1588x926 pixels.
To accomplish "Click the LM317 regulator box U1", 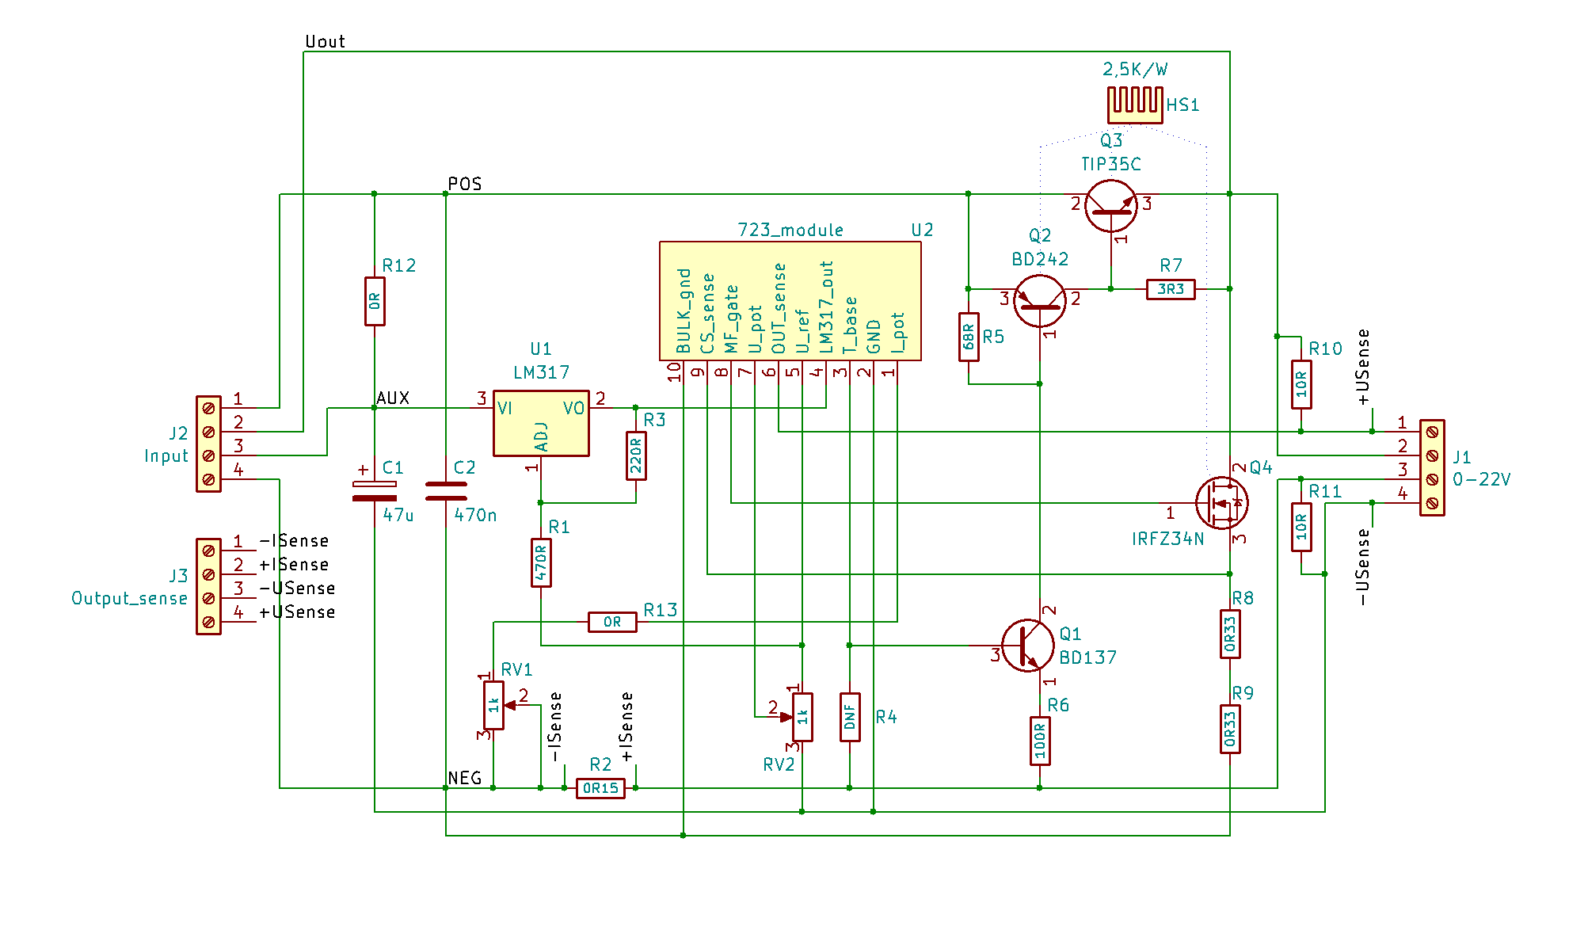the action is tap(541, 423).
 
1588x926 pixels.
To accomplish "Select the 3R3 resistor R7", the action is tap(1171, 289).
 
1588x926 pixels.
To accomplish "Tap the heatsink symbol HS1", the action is tap(1135, 105).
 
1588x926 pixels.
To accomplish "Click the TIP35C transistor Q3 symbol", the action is tap(1111, 206).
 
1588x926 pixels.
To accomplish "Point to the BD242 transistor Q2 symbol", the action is tap(1040, 301).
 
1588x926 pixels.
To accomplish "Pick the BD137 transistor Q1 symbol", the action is tap(1028, 646).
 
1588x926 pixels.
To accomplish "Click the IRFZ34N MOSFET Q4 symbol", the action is tap(1222, 503).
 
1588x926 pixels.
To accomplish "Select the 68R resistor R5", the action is tap(969, 337).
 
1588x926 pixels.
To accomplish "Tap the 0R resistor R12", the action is tap(375, 301).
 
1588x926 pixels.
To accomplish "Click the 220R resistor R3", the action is tap(636, 455).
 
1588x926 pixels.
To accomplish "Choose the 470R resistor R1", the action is tap(541, 562).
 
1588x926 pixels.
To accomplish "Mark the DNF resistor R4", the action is tap(850, 717).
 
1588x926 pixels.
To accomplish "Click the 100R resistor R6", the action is tap(1040, 741).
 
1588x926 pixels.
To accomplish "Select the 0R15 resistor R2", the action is tap(600, 788).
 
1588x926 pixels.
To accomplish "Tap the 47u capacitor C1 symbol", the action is tap(375, 491).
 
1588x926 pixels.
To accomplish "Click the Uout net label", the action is tap(325, 41).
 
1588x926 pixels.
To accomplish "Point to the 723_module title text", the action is tap(790, 230).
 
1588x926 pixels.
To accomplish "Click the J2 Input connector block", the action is tap(208, 444).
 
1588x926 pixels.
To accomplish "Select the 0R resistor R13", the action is tap(612, 622).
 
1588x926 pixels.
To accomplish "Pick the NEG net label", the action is tap(465, 778).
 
